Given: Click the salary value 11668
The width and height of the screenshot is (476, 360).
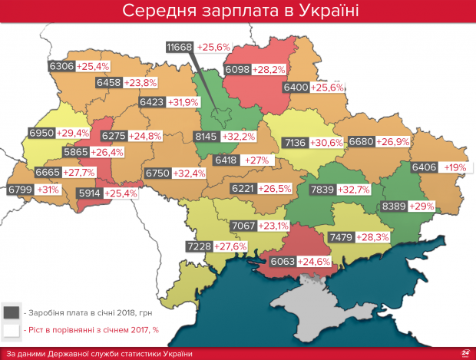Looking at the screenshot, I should pyautogui.click(x=180, y=48).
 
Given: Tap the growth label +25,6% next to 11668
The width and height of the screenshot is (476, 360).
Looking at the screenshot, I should pyautogui.click(x=214, y=48).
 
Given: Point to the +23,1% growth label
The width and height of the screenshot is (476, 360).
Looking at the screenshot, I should pyautogui.click(x=275, y=226).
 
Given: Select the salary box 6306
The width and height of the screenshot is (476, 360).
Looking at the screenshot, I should pyautogui.click(x=61, y=67).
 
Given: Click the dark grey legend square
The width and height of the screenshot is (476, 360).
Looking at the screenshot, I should pyautogui.click(x=10, y=312).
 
